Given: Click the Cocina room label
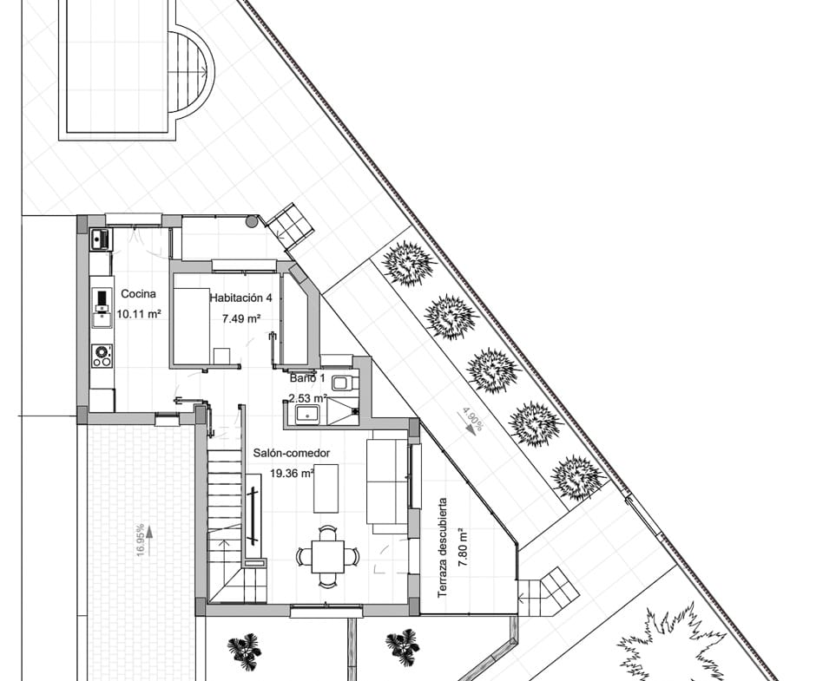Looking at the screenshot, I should (138, 294).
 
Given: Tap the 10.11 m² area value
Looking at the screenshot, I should (138, 314).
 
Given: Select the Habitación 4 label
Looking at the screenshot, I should (240, 298).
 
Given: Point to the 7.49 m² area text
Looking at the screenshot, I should (240, 318).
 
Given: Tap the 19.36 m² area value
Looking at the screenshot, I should (291, 474).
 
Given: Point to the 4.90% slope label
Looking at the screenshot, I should (472, 421).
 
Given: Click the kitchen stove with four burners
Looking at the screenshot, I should (102, 354).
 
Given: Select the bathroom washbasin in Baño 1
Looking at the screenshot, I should (306, 414).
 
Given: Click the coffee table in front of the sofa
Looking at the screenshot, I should (326, 488).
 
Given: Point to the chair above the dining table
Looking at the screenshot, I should (327, 531).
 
